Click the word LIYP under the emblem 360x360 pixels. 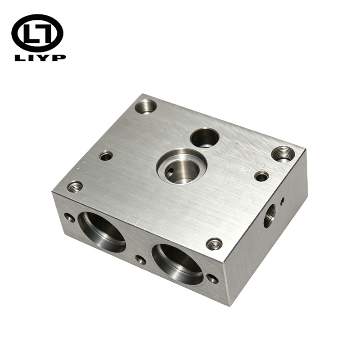point(40,58)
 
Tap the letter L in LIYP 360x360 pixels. point(19,58)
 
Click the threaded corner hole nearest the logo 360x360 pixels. point(146,107)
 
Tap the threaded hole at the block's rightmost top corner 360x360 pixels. point(283,154)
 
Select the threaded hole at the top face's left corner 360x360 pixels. point(75,186)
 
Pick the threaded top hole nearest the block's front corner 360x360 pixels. point(214,244)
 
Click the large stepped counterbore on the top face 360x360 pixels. point(181,166)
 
